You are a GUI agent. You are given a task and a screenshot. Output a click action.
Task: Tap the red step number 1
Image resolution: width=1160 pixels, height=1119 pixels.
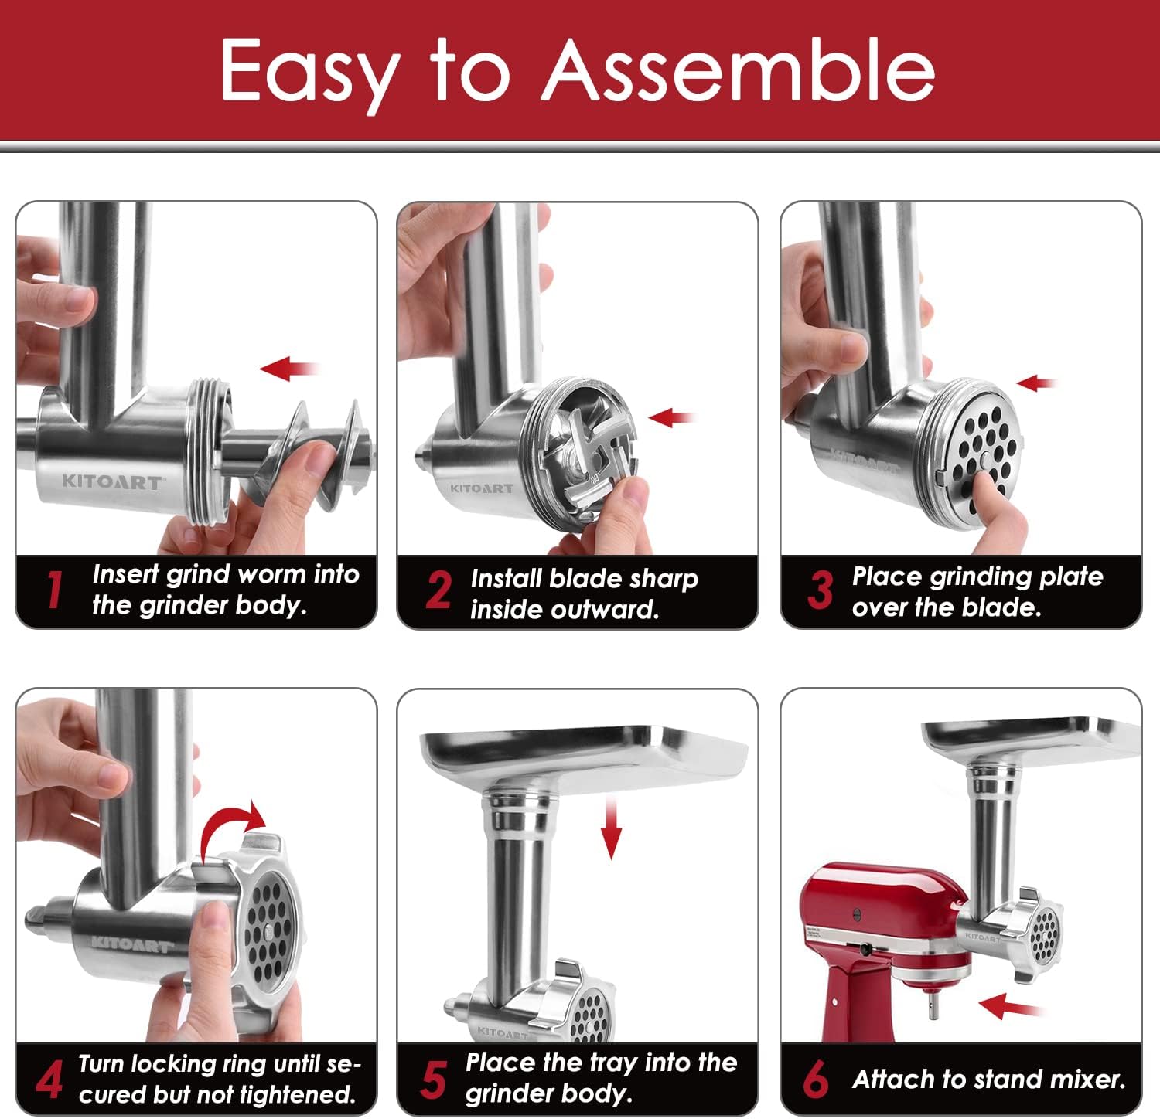coord(53,590)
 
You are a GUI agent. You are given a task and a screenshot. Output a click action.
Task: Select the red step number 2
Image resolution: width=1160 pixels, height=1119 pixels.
coord(438,591)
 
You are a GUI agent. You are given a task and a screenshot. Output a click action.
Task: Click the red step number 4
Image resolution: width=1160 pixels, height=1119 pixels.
coord(49,1079)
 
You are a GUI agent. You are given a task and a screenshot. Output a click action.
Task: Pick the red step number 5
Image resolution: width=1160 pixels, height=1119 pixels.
coord(433,1079)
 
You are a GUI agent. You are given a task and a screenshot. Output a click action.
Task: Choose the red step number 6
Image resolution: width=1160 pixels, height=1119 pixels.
coord(815,1079)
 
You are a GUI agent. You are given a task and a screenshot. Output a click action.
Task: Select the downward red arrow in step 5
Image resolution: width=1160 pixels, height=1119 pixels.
coord(612,829)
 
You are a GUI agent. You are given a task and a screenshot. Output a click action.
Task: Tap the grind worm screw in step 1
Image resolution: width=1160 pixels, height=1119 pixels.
coord(309,456)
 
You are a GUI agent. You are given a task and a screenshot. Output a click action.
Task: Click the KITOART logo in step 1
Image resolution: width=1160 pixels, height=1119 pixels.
coord(112,482)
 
